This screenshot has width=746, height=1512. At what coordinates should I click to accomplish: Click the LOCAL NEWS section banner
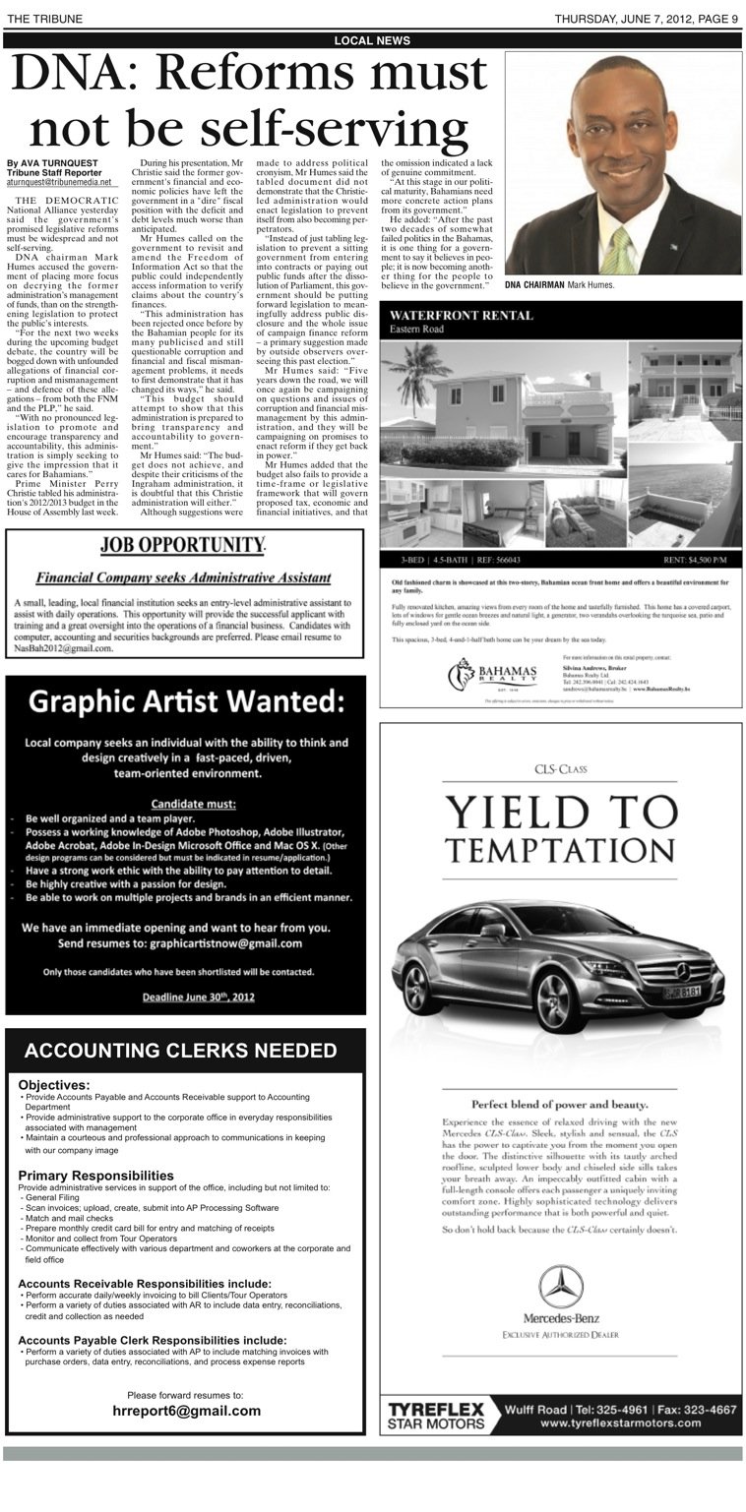point(372,40)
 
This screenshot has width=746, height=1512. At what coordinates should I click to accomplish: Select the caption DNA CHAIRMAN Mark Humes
point(559,285)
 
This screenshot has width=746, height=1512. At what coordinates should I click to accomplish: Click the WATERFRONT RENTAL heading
point(461,316)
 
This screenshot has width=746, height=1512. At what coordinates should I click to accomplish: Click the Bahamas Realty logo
point(492,676)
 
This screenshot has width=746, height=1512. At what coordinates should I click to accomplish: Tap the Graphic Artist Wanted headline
point(185,702)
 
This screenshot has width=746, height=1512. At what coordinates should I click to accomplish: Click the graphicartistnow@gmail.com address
point(225,943)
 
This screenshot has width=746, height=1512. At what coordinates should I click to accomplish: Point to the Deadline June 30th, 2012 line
point(185,997)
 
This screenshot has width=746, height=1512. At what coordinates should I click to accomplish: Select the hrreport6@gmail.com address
point(186,1411)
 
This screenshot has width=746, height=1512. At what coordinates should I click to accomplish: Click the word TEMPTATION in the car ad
point(561,848)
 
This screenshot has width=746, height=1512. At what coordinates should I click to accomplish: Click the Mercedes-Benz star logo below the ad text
point(561,1286)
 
